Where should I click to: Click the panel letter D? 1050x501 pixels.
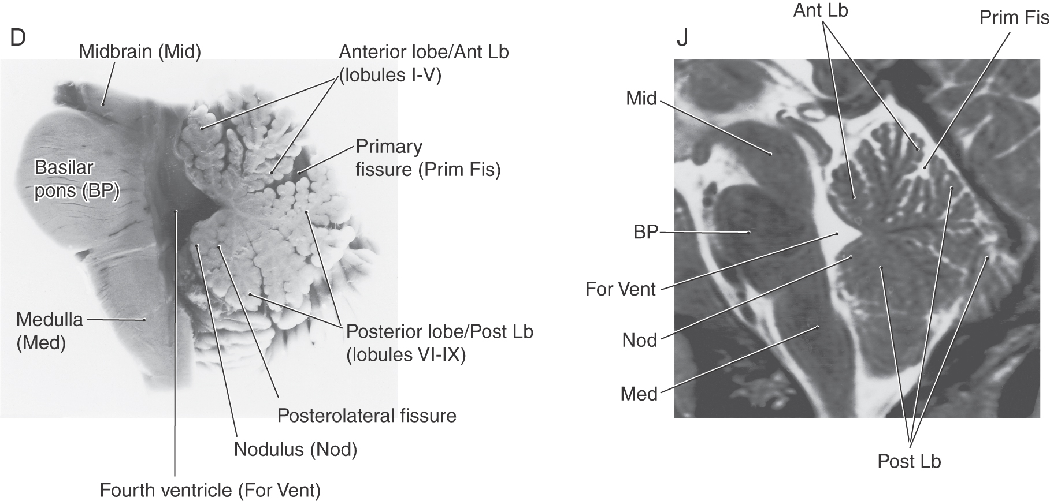[x=18, y=38]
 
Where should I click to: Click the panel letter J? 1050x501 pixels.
[x=682, y=39]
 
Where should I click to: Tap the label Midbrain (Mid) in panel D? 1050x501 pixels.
[x=140, y=52]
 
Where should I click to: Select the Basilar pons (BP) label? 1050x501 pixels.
[x=77, y=179]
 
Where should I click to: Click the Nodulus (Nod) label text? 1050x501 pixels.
[x=295, y=449]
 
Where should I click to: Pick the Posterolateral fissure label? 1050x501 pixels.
[x=366, y=415]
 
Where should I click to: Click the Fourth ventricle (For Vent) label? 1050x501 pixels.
[x=210, y=490]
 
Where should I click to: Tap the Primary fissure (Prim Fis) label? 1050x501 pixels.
[x=428, y=158]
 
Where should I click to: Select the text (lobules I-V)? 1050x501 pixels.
[x=390, y=76]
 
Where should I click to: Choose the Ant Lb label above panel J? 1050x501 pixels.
[x=821, y=10]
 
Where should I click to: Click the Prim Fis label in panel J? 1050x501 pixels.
[x=1014, y=17]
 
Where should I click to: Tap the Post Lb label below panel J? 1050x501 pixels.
[x=909, y=461]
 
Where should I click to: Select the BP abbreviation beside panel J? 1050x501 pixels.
[x=645, y=232]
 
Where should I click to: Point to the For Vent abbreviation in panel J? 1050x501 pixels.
[x=621, y=289]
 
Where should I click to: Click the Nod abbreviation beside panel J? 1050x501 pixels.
[x=640, y=340]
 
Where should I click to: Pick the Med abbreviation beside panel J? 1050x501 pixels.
[x=639, y=394]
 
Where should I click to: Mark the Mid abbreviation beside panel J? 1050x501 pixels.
[x=641, y=99]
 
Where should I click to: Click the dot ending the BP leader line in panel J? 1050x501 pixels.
[x=749, y=232]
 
